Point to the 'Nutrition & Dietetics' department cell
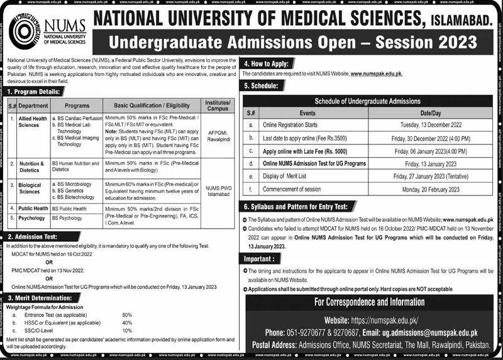click(x=31, y=166)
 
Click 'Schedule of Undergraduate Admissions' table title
click(x=368, y=101)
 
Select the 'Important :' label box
click(x=260, y=258)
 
